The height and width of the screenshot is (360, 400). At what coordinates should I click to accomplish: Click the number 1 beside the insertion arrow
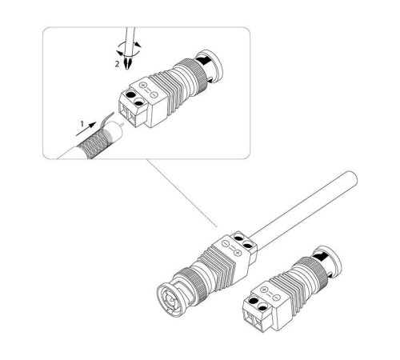click(x=82, y=124)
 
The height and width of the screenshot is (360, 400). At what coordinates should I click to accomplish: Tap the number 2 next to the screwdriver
click(x=117, y=64)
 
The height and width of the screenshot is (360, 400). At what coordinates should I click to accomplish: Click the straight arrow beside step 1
click(x=86, y=129)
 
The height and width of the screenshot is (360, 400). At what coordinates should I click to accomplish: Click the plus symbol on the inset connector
click(x=143, y=86)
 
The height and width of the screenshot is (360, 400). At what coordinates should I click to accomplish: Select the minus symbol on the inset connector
click(x=154, y=94)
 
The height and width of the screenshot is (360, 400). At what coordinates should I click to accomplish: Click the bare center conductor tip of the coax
click(x=122, y=124)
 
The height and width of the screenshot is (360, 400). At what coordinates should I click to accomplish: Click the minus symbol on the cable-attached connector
click(x=226, y=243)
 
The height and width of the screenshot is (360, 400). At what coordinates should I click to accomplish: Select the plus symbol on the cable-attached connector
click(x=238, y=252)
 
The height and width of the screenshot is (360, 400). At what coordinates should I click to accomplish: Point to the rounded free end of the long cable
click(x=353, y=178)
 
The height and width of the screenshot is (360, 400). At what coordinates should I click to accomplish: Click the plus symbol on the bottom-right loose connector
click(x=265, y=290)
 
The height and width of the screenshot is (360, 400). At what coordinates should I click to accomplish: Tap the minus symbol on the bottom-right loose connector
click(x=277, y=298)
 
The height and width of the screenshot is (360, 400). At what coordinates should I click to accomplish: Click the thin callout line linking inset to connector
click(x=182, y=194)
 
